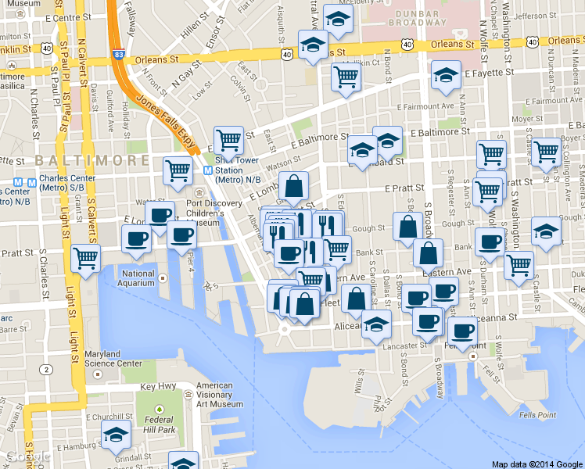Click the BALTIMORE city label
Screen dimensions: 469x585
(92, 159)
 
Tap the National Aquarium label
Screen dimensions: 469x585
(138, 278)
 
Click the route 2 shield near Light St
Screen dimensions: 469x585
(48, 369)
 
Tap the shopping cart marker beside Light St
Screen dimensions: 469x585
(85, 257)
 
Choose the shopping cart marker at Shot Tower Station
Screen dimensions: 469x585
(228, 140)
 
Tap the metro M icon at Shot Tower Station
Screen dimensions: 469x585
(208, 170)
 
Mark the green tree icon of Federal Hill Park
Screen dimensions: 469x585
(160, 409)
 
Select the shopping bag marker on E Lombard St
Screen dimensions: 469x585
(293, 185)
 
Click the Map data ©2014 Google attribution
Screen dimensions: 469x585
(537, 464)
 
